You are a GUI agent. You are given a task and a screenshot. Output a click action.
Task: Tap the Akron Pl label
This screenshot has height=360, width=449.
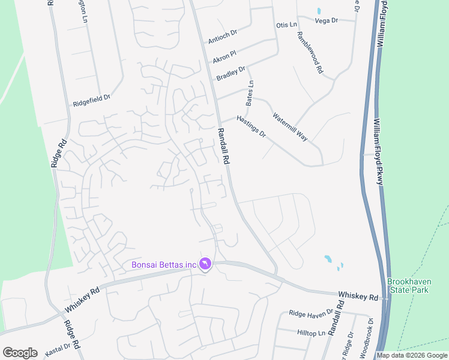pyautogui.click(x=225, y=56)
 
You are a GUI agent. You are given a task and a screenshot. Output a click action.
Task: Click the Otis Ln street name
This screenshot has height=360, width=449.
pyautogui.click(x=286, y=25)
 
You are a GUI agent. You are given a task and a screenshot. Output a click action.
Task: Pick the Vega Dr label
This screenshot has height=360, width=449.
pyautogui.click(x=327, y=20)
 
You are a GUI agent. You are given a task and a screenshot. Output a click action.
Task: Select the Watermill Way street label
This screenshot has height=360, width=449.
pyautogui.click(x=290, y=127)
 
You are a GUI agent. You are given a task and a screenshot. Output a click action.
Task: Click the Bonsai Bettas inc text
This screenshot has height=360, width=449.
pyautogui.click(x=164, y=265)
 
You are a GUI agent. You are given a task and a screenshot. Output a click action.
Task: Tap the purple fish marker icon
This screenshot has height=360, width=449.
pyautogui.click(x=206, y=264)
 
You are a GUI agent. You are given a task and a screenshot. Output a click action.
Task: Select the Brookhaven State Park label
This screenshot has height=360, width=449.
pyautogui.click(x=408, y=286)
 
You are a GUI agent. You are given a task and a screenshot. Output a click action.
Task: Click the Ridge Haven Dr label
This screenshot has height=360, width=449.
pyautogui.click(x=310, y=313)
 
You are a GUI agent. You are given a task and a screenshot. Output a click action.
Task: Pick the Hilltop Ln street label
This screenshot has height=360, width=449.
pyautogui.click(x=310, y=332)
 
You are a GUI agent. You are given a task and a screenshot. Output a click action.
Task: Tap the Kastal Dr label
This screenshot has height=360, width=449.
pyautogui.click(x=58, y=346)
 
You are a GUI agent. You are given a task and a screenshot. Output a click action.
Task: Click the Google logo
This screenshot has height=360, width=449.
pyautogui.click(x=20, y=353)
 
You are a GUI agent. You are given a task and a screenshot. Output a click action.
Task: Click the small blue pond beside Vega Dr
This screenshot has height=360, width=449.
pyautogui.click(x=318, y=11)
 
